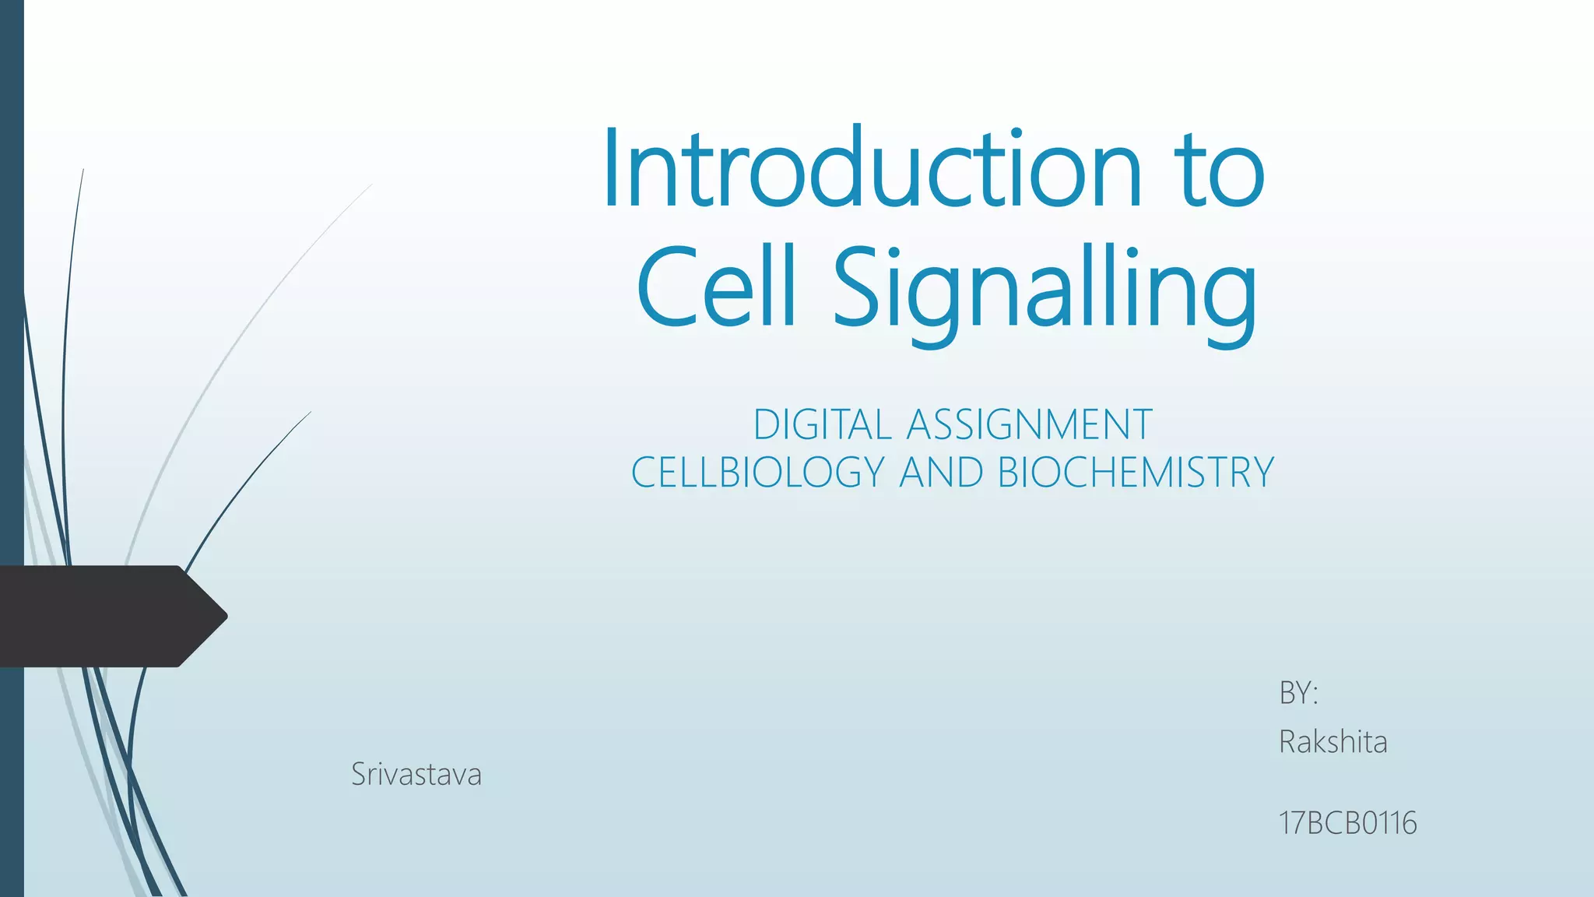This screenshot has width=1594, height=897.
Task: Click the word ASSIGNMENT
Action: coord(1029,425)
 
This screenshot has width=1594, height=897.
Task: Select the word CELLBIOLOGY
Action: coord(758,473)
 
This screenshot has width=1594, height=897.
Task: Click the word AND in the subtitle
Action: coord(941,473)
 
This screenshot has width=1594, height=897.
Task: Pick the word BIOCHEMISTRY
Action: coord(1136,473)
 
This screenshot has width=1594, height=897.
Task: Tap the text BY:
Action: coord(1298,693)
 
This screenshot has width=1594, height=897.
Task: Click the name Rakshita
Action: coord(1332,742)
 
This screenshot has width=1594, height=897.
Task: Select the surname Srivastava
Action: coord(416,775)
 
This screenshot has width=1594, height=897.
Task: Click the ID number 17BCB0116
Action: coord(1347,823)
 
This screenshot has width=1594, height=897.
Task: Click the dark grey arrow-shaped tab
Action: coord(101,616)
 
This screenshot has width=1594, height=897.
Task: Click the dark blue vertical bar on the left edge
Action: coord(12,311)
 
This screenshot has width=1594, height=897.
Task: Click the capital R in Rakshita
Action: coord(1289,742)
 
